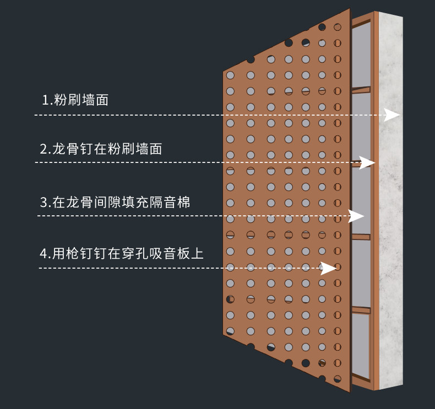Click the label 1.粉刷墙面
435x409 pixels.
click(x=75, y=100)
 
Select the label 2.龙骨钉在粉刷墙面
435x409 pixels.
click(x=101, y=149)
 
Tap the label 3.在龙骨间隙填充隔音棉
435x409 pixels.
click(x=115, y=202)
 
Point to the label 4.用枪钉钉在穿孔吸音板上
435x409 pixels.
click(x=122, y=254)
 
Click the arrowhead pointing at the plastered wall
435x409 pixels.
click(x=393, y=115)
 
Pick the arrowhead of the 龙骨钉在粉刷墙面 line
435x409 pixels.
click(x=367, y=162)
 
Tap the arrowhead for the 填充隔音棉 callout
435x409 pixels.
click(x=357, y=216)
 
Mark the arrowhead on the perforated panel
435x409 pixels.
click(x=329, y=268)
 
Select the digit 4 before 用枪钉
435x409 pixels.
click(x=44, y=254)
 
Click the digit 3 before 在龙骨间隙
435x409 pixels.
click(x=44, y=202)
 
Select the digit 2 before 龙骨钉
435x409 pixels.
click(x=44, y=149)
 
